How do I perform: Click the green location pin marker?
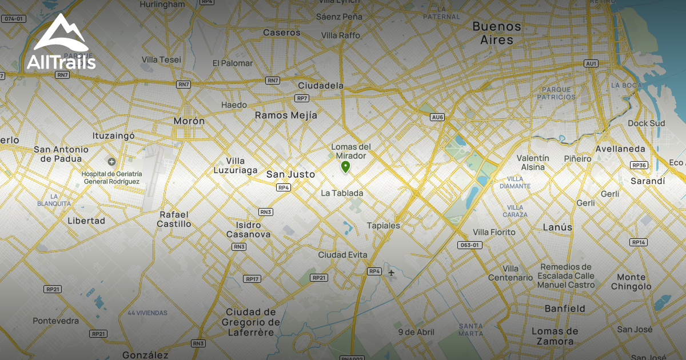(345, 166)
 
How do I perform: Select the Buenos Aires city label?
(497, 33)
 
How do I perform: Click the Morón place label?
(189, 121)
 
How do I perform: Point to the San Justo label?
(290, 174)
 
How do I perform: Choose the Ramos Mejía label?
(286, 115)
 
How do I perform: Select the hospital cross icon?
(111, 162)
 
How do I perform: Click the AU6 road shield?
(437, 117)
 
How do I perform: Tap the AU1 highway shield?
(591, 63)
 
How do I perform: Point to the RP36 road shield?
(639, 165)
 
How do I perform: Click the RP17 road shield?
(252, 279)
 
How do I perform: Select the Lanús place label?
(557, 227)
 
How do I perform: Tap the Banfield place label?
(565, 309)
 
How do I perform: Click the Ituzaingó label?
(113, 136)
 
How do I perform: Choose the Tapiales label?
(383, 226)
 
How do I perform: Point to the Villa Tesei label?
(161, 59)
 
